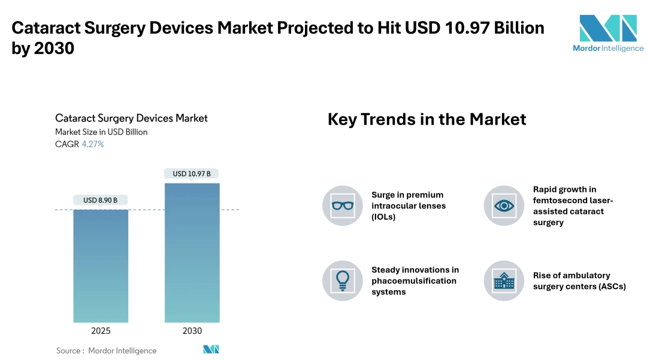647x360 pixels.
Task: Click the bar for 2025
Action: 101,266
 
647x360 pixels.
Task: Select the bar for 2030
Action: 192,253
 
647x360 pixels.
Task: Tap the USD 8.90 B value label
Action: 100,201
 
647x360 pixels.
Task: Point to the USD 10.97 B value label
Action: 192,174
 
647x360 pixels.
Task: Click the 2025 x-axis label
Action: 101,331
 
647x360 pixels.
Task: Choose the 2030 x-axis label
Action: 192,331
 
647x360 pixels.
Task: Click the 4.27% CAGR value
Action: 93,144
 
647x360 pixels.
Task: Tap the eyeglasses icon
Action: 343,205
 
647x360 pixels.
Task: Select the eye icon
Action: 504,205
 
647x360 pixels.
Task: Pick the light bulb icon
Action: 343,281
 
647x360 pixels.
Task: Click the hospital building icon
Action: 504,281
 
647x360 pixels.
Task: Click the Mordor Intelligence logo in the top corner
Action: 608,34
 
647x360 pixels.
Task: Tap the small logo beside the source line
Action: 211,349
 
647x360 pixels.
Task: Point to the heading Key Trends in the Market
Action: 427,119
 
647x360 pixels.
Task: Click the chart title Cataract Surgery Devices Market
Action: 131,119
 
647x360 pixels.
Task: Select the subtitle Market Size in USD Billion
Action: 101,132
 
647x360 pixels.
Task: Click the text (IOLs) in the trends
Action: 383,217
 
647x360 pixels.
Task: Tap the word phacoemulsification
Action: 414,281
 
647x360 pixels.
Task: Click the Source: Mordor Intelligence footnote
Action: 107,350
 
